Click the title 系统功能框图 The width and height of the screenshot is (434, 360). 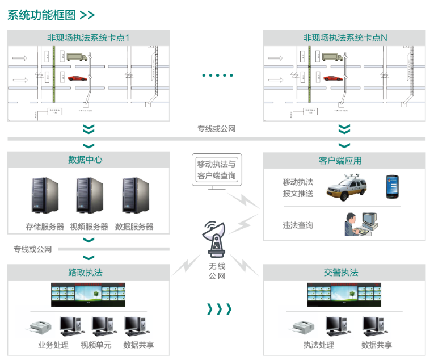[x=41, y=15]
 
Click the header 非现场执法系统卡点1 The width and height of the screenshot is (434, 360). [x=89, y=38]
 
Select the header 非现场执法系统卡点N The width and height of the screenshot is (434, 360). [x=344, y=38]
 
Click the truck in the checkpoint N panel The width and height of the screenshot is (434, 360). [x=332, y=57]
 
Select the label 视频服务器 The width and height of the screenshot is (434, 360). [x=89, y=226]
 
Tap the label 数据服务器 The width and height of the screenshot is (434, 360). [x=134, y=226]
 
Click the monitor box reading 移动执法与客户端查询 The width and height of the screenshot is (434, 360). [x=216, y=169]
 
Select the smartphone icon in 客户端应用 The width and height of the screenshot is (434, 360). [x=393, y=187]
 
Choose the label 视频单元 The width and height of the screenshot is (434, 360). [x=96, y=345]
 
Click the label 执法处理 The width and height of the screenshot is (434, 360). [x=319, y=345]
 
